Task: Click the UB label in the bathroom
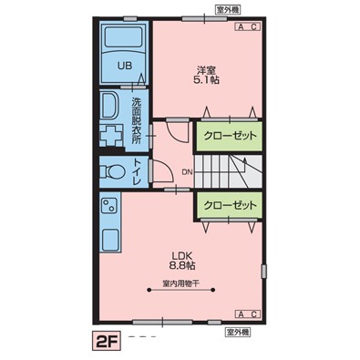click(125, 66)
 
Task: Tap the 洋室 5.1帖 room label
click(207, 75)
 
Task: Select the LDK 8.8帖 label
click(182, 261)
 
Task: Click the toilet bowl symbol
click(111, 171)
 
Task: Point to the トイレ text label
click(137, 172)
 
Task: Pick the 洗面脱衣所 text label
click(136, 121)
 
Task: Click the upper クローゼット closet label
click(230, 136)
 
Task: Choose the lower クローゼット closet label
click(230, 206)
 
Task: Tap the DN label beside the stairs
click(187, 172)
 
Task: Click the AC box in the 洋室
click(248, 26)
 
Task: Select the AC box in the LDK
click(248, 314)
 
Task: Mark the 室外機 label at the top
click(228, 10)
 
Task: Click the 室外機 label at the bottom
click(238, 332)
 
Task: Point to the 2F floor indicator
click(107, 338)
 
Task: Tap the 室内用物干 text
click(181, 283)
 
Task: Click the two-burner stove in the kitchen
click(109, 206)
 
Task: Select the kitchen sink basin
click(110, 240)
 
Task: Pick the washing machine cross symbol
click(111, 135)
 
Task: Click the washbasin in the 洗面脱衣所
click(109, 106)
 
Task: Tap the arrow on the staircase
click(237, 170)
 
